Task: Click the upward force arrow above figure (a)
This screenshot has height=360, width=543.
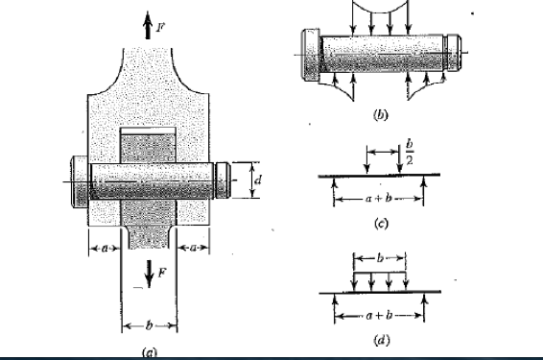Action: [149, 28]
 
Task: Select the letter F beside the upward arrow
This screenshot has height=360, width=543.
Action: [159, 18]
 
